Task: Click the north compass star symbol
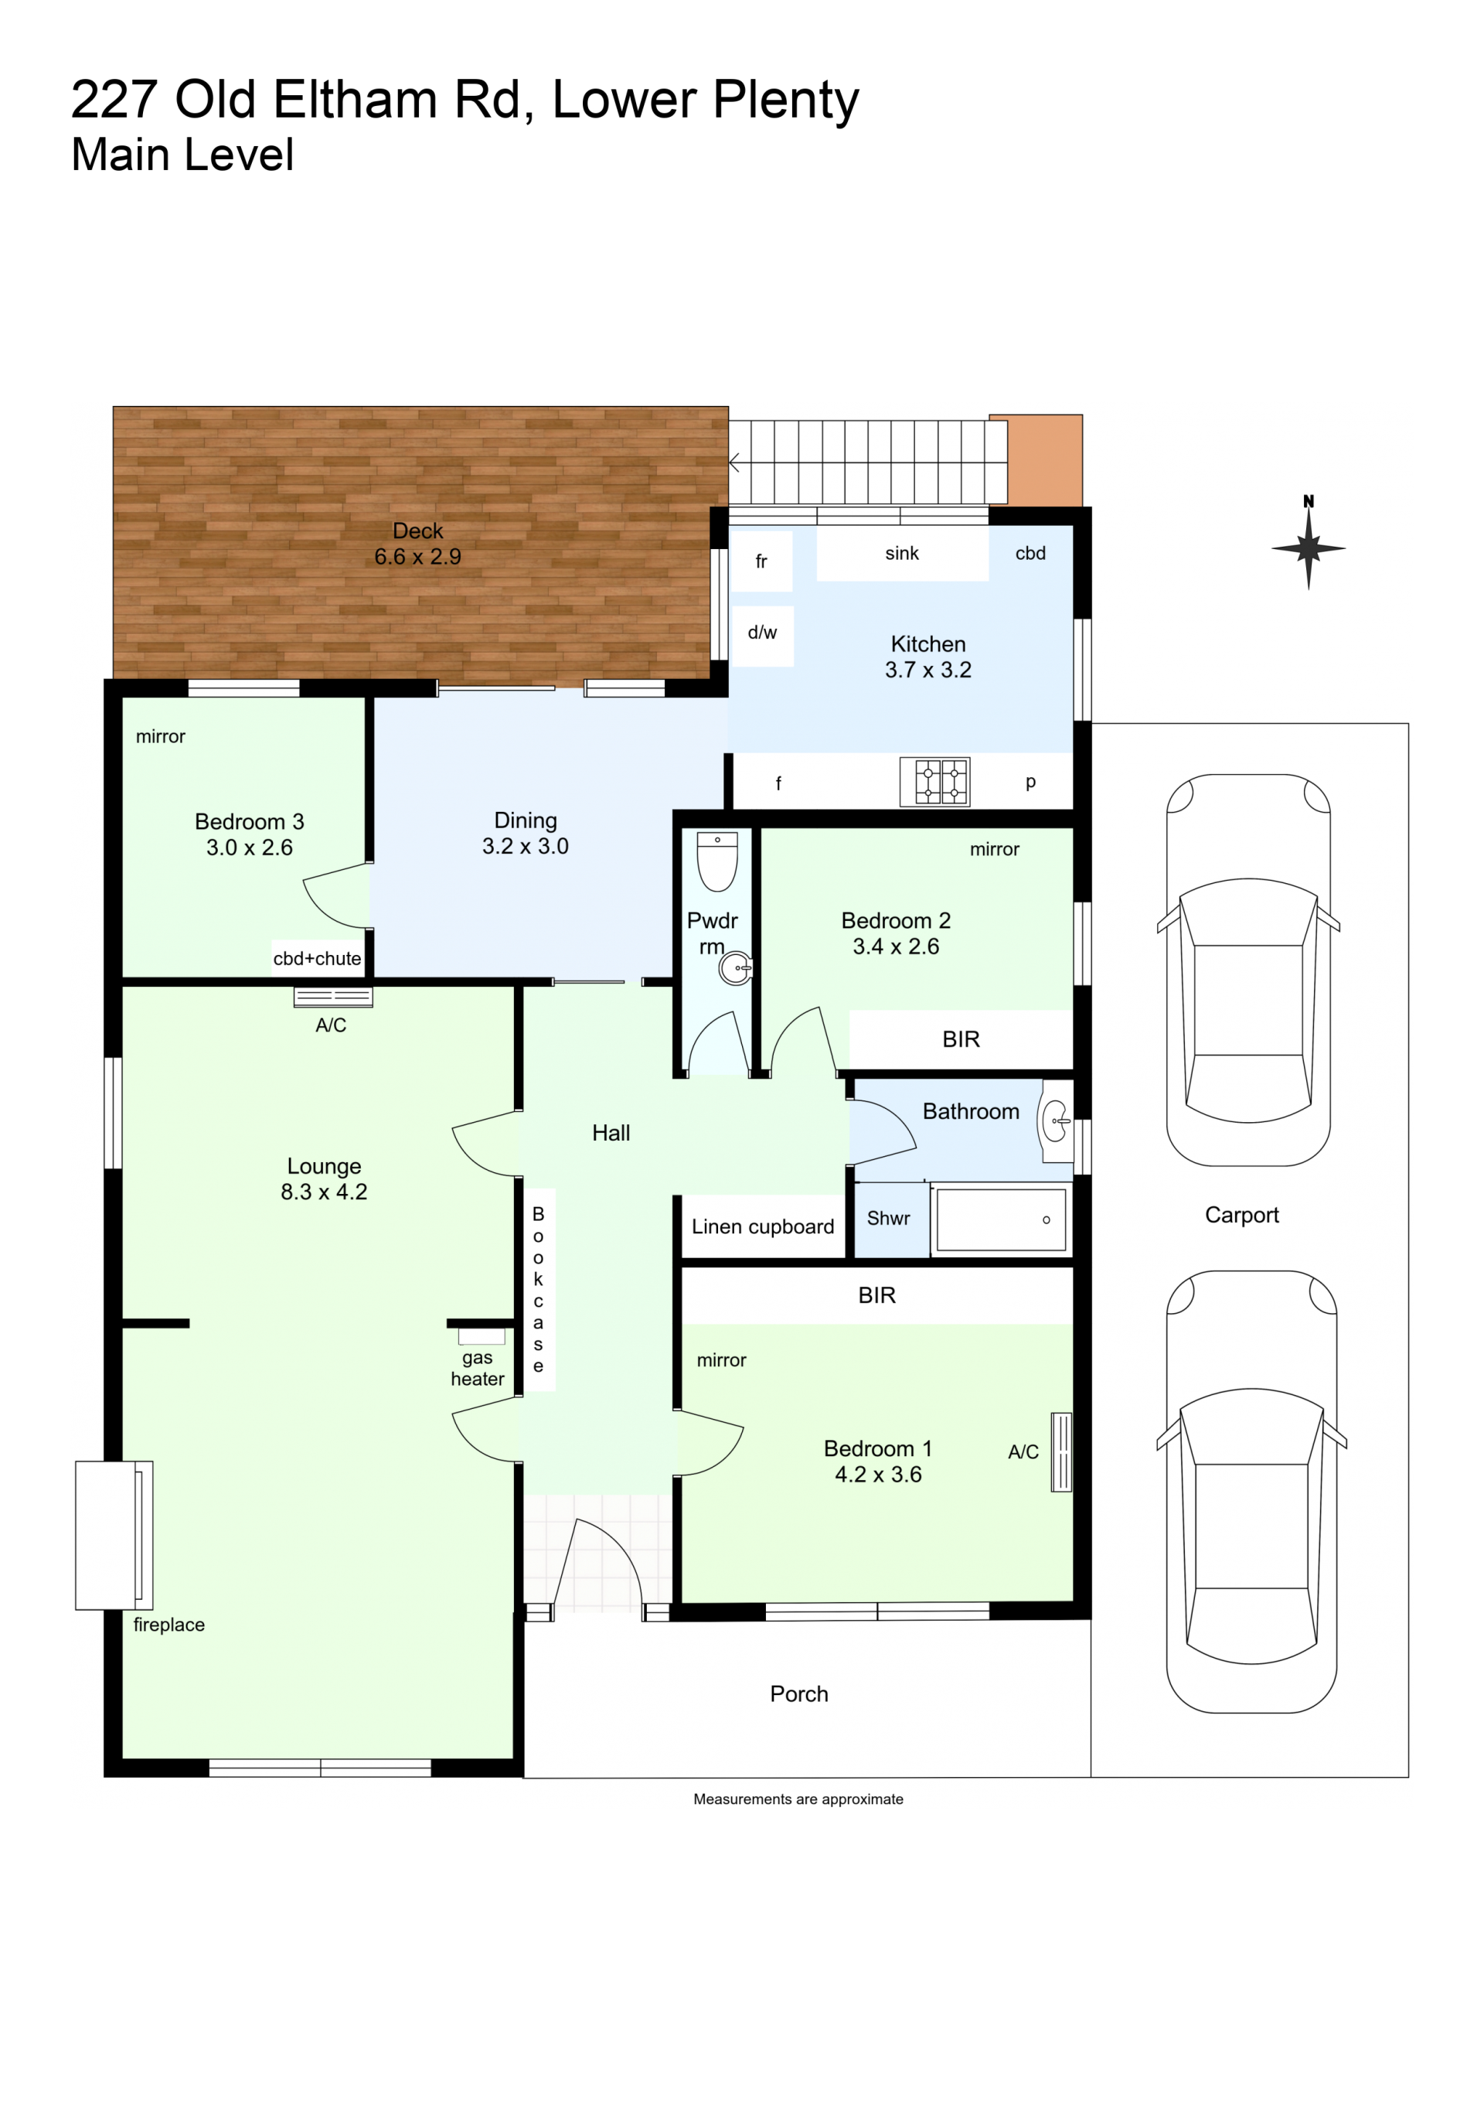(x=1309, y=549)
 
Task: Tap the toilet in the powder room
(x=717, y=861)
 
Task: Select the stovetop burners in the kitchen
(x=934, y=782)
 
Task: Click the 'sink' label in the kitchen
(x=902, y=554)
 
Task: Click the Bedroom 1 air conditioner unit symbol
(x=1061, y=1452)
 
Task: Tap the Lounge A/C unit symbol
(x=333, y=998)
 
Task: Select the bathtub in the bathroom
(x=1001, y=1219)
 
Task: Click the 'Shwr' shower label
(x=888, y=1219)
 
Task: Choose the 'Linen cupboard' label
(x=763, y=1227)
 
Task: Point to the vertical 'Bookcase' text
(x=538, y=1291)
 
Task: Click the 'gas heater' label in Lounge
(x=478, y=1368)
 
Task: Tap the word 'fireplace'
(x=169, y=1625)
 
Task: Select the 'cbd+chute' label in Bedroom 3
(x=318, y=959)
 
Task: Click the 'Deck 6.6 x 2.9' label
(x=418, y=544)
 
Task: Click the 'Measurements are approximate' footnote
(x=798, y=1799)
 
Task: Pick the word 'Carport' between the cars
(x=1241, y=1216)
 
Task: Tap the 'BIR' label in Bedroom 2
(x=961, y=1039)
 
